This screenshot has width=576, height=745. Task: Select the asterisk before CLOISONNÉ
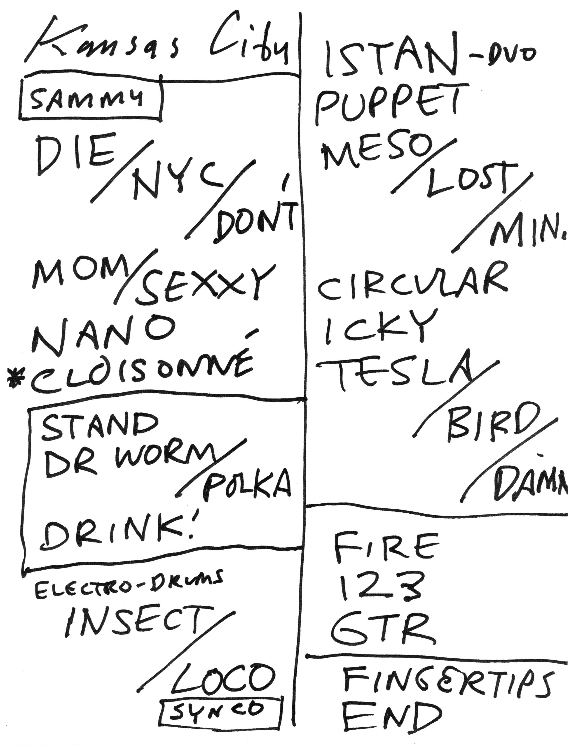(15, 379)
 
